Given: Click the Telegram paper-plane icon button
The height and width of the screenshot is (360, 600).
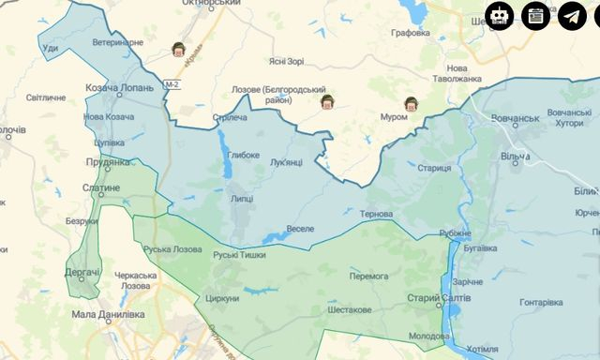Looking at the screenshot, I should pyautogui.click(x=572, y=16).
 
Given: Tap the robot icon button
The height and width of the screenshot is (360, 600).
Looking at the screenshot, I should pyautogui.click(x=500, y=16).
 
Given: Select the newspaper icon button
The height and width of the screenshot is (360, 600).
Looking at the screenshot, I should pyautogui.click(x=536, y=16).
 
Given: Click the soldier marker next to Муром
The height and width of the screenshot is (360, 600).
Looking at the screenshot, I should pyautogui.click(x=410, y=103).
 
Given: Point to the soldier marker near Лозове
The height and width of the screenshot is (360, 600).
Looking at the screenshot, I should pyautogui.click(x=327, y=101).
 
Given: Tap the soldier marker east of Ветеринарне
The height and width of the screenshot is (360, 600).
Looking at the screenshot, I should pyautogui.click(x=178, y=50).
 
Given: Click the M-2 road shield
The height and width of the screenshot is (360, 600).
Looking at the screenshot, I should pyautogui.click(x=172, y=85).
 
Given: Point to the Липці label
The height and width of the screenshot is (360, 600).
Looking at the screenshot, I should pyautogui.click(x=241, y=199).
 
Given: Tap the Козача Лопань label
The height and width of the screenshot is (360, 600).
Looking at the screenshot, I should pyautogui.click(x=114, y=86).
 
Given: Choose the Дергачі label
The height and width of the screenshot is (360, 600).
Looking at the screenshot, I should pyautogui.click(x=82, y=272).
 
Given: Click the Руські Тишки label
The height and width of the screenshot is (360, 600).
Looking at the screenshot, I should pyautogui.click(x=239, y=254).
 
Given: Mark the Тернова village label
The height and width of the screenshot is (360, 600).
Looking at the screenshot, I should pyautogui.click(x=376, y=214).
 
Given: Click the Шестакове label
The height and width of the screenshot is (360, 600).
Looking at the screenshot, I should pyautogui.click(x=350, y=309).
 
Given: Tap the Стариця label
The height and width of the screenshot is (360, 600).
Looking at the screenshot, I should pyautogui.click(x=434, y=168).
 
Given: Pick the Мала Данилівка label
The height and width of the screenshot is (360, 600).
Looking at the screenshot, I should pyautogui.click(x=108, y=315).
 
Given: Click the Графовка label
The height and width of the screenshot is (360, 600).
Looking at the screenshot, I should pyautogui.click(x=411, y=33).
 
